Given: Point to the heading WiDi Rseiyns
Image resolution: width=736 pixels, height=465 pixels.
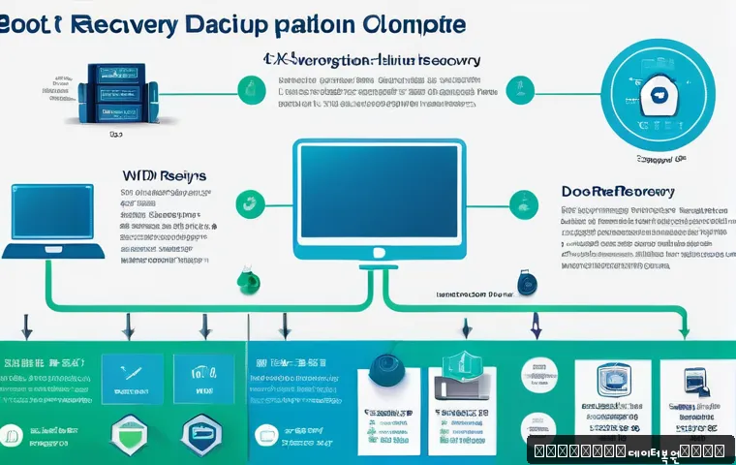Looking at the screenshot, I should click(x=164, y=176).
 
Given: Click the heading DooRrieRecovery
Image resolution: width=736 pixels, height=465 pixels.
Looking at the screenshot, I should click(x=617, y=191).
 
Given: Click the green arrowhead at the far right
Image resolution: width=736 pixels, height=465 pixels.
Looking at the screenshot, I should click(x=684, y=331).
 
